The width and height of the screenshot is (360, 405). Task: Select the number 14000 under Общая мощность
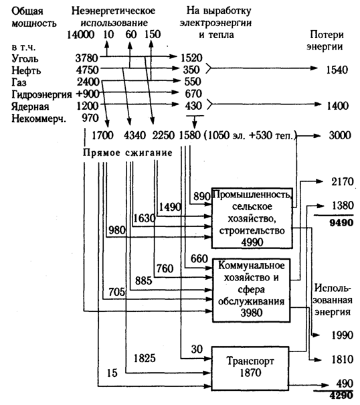80,34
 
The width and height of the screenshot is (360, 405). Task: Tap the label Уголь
25,58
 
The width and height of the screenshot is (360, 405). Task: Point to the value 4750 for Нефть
87,70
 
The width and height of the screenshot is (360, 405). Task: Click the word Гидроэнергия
41,94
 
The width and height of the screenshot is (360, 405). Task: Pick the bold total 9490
341,223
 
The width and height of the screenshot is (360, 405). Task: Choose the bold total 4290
341,395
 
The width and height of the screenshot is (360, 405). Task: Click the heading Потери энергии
325,41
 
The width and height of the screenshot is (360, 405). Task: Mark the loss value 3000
340,135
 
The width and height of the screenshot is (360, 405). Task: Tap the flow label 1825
145,358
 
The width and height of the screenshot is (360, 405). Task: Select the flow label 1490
170,207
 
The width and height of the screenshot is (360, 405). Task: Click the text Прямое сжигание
127,153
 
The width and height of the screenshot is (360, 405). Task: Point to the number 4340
134,135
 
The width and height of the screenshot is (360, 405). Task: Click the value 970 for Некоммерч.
90,118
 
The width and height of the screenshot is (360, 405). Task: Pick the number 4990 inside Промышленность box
252,242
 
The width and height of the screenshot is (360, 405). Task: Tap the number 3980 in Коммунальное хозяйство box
252,313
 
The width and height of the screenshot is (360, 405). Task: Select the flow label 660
199,258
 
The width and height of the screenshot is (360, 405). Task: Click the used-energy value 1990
342,335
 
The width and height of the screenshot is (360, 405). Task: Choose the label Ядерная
30,106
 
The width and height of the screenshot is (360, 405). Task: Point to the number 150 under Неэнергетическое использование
153,34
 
